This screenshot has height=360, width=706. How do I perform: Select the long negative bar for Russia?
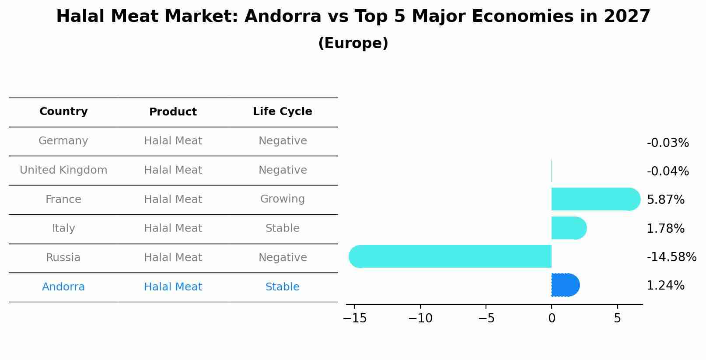[451, 256]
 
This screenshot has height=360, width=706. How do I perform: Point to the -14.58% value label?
[671, 257]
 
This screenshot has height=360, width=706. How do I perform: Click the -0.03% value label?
[668, 143]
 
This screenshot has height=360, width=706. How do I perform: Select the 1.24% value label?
[665, 286]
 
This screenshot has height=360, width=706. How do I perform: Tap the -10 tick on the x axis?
[420, 318]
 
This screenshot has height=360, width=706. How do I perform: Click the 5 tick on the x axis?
[617, 318]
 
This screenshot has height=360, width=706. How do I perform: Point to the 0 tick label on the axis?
[551, 318]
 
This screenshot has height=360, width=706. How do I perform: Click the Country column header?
[63, 112]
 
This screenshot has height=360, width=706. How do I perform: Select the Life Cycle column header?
[282, 112]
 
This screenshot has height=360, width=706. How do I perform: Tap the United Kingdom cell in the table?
[63, 170]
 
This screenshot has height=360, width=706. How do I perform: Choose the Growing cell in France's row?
[282, 199]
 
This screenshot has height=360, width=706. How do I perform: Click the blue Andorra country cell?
[63, 287]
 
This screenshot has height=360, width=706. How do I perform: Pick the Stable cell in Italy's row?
[282, 228]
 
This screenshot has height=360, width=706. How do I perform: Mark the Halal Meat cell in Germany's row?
[173, 141]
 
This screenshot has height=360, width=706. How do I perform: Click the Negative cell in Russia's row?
[282, 258]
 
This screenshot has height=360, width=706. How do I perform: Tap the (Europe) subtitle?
[353, 43]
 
